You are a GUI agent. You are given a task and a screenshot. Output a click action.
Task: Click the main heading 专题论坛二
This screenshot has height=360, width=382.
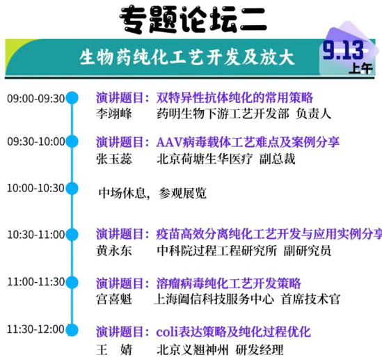coord(193,18)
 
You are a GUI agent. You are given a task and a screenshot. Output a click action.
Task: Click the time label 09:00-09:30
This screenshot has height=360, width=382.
coord(35,98)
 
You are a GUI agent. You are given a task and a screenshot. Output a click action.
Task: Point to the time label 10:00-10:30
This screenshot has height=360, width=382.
coord(35,188)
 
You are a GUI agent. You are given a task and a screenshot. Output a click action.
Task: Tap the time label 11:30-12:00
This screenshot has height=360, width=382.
coord(35,328)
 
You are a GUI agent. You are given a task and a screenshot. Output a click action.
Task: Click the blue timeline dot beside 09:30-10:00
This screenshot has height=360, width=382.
coord(72,141)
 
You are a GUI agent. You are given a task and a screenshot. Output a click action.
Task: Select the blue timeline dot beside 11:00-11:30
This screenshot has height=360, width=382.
coord(72,282)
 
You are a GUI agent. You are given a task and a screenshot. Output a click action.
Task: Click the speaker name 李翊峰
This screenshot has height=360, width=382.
coord(111,114)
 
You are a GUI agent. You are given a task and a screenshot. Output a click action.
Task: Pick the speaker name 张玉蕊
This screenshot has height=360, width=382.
coord(111,158)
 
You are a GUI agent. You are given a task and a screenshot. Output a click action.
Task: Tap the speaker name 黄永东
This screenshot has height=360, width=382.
coord(111,250)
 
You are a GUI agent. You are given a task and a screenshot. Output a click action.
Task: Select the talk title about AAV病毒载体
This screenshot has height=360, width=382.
coord(248,142)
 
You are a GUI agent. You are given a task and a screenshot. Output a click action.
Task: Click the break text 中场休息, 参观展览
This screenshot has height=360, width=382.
coord(152,193)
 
